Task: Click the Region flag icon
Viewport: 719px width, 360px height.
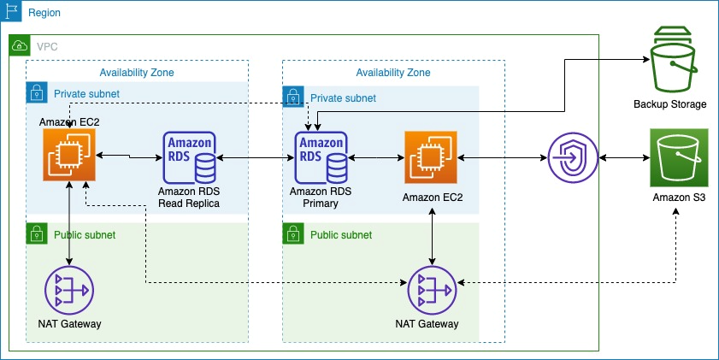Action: point(11,12)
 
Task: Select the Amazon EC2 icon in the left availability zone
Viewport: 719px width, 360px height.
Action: point(69,156)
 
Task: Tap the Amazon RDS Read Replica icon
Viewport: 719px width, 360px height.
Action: point(189,157)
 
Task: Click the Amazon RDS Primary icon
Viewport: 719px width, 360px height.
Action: point(321,157)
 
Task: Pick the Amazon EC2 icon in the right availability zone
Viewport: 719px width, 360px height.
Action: point(431,157)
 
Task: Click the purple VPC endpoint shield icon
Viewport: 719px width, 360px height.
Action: point(574,158)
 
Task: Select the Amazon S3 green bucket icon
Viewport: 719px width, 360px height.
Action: point(679,157)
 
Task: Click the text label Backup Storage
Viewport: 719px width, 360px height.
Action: point(670,104)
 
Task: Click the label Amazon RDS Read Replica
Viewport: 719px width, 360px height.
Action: point(189,198)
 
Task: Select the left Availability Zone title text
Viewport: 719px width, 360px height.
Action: point(137,73)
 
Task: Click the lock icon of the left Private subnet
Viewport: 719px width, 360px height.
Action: point(36,93)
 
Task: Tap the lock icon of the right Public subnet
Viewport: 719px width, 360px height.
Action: point(292,233)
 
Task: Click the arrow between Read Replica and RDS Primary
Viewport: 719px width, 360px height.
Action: point(256,158)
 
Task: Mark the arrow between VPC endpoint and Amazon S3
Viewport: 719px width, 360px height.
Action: point(624,158)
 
